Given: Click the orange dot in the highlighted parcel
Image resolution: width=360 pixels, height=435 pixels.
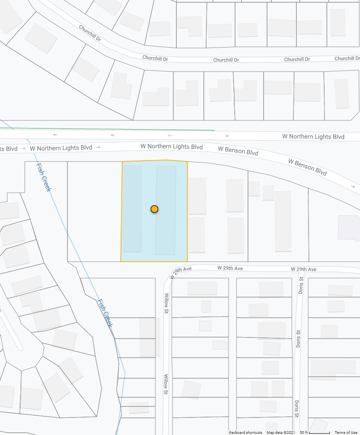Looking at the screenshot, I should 154,209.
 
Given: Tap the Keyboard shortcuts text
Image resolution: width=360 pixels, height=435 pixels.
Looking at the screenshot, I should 245,432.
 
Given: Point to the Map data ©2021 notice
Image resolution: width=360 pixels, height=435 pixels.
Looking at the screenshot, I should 281,432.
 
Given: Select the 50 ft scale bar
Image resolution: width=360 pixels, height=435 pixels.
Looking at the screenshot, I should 315,432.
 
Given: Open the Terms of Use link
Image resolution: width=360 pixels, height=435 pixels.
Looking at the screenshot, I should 346,432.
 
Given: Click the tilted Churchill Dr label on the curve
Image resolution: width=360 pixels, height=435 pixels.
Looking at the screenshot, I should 90,33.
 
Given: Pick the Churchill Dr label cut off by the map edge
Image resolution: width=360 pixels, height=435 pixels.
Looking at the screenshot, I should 347,58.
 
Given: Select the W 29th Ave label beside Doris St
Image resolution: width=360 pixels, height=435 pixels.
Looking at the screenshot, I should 304,269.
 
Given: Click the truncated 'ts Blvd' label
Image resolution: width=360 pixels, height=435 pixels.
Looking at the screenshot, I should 9,149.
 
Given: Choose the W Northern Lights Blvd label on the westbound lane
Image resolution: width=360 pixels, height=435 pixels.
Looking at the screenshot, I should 313,136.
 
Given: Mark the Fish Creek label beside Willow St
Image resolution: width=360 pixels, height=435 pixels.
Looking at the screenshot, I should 104,313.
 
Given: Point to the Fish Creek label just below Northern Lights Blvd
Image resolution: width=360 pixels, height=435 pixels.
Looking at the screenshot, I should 43,177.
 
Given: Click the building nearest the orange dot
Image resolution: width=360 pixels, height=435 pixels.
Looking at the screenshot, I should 165,210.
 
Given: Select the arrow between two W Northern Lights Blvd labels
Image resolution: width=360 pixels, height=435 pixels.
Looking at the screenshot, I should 99,147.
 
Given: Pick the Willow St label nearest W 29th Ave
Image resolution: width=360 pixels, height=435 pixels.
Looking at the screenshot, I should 166,303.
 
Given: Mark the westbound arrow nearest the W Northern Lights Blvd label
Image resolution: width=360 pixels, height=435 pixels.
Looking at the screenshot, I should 227,136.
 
